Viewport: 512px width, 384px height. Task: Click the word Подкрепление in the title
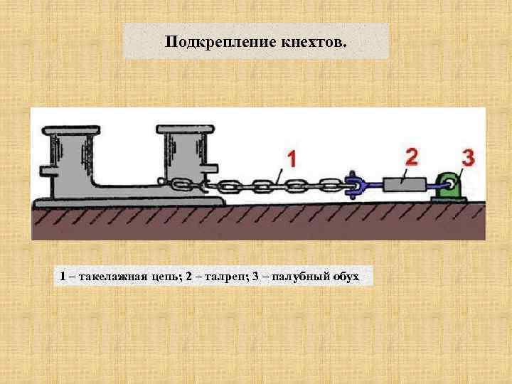(x=211, y=42)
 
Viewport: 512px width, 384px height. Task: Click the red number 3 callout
(x=467, y=159)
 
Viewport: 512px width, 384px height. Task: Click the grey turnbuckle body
(x=403, y=185)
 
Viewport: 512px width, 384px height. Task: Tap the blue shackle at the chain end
(x=355, y=186)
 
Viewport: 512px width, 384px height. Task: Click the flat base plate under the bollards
(x=128, y=203)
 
